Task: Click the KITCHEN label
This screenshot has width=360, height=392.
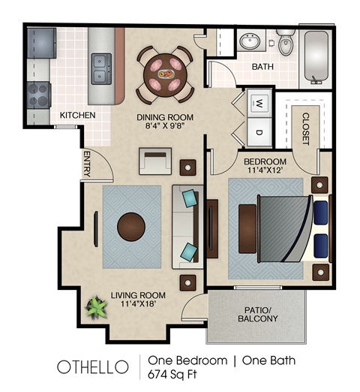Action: tap(77, 116)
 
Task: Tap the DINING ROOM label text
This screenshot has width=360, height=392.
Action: tap(165, 117)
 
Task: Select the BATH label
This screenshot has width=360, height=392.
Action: tap(262, 67)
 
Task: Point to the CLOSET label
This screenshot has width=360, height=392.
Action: tap(305, 128)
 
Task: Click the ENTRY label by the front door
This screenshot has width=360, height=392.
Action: tap(86, 164)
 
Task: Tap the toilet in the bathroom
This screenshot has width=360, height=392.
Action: tap(286, 44)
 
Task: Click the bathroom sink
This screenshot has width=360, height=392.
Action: tap(250, 41)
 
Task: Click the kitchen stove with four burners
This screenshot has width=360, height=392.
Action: tap(38, 95)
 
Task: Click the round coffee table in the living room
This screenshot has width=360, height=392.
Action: tap(132, 226)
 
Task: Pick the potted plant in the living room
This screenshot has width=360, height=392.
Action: tap(97, 308)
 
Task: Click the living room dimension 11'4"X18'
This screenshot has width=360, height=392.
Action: tap(138, 306)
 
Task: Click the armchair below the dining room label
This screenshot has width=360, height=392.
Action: tap(154, 161)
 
